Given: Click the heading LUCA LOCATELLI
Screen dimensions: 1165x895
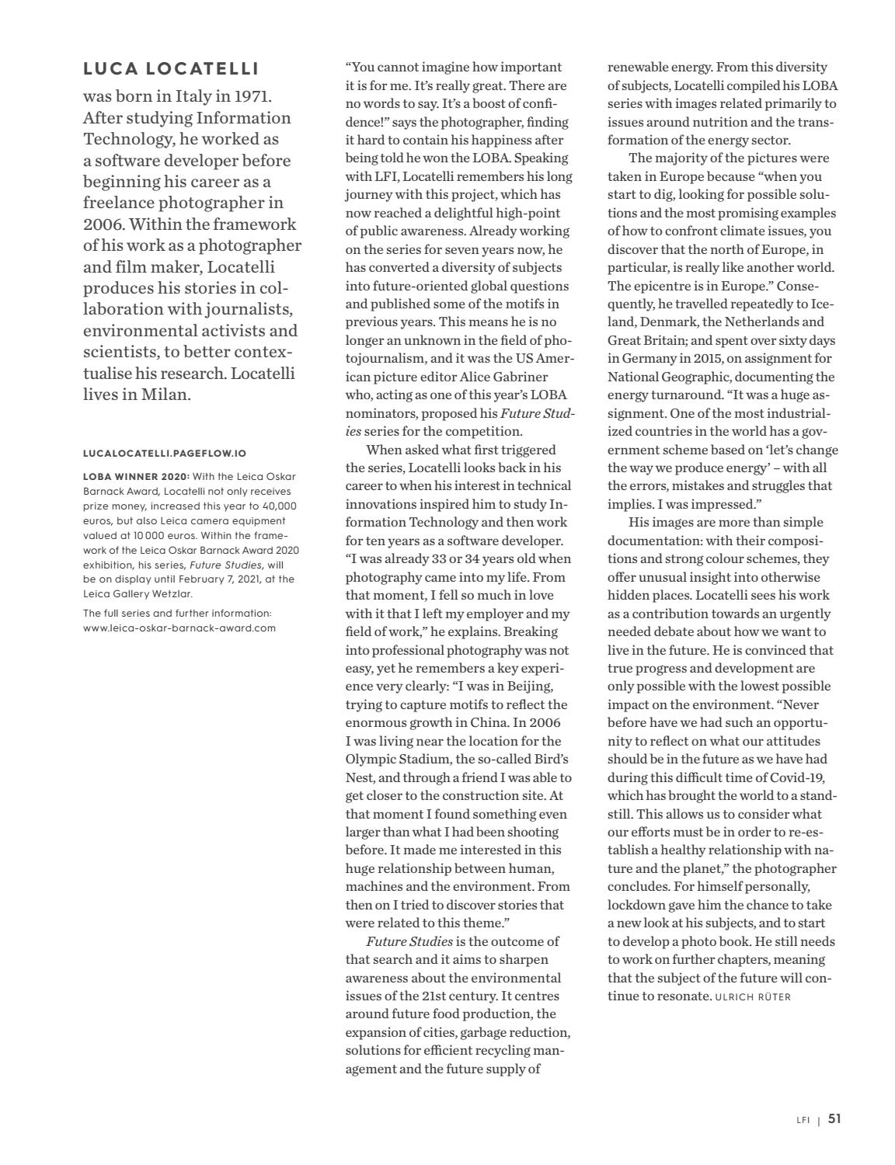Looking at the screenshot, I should click(x=171, y=69).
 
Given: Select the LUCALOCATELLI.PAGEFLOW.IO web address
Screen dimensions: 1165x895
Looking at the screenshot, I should click(x=165, y=453).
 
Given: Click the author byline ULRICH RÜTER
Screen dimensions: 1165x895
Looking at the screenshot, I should click(x=753, y=996).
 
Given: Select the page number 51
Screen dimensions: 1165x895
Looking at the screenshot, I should click(x=834, y=1119).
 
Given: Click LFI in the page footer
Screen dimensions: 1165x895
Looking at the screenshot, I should click(x=803, y=1120).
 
